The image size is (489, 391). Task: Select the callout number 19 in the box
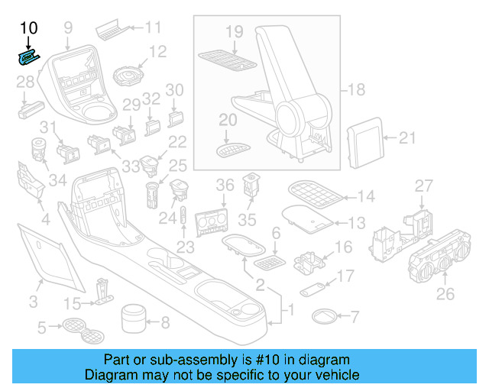click(235, 32)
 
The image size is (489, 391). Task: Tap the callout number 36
click(225, 186)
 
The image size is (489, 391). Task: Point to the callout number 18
click(356, 90)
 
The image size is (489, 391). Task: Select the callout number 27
click(423, 186)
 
